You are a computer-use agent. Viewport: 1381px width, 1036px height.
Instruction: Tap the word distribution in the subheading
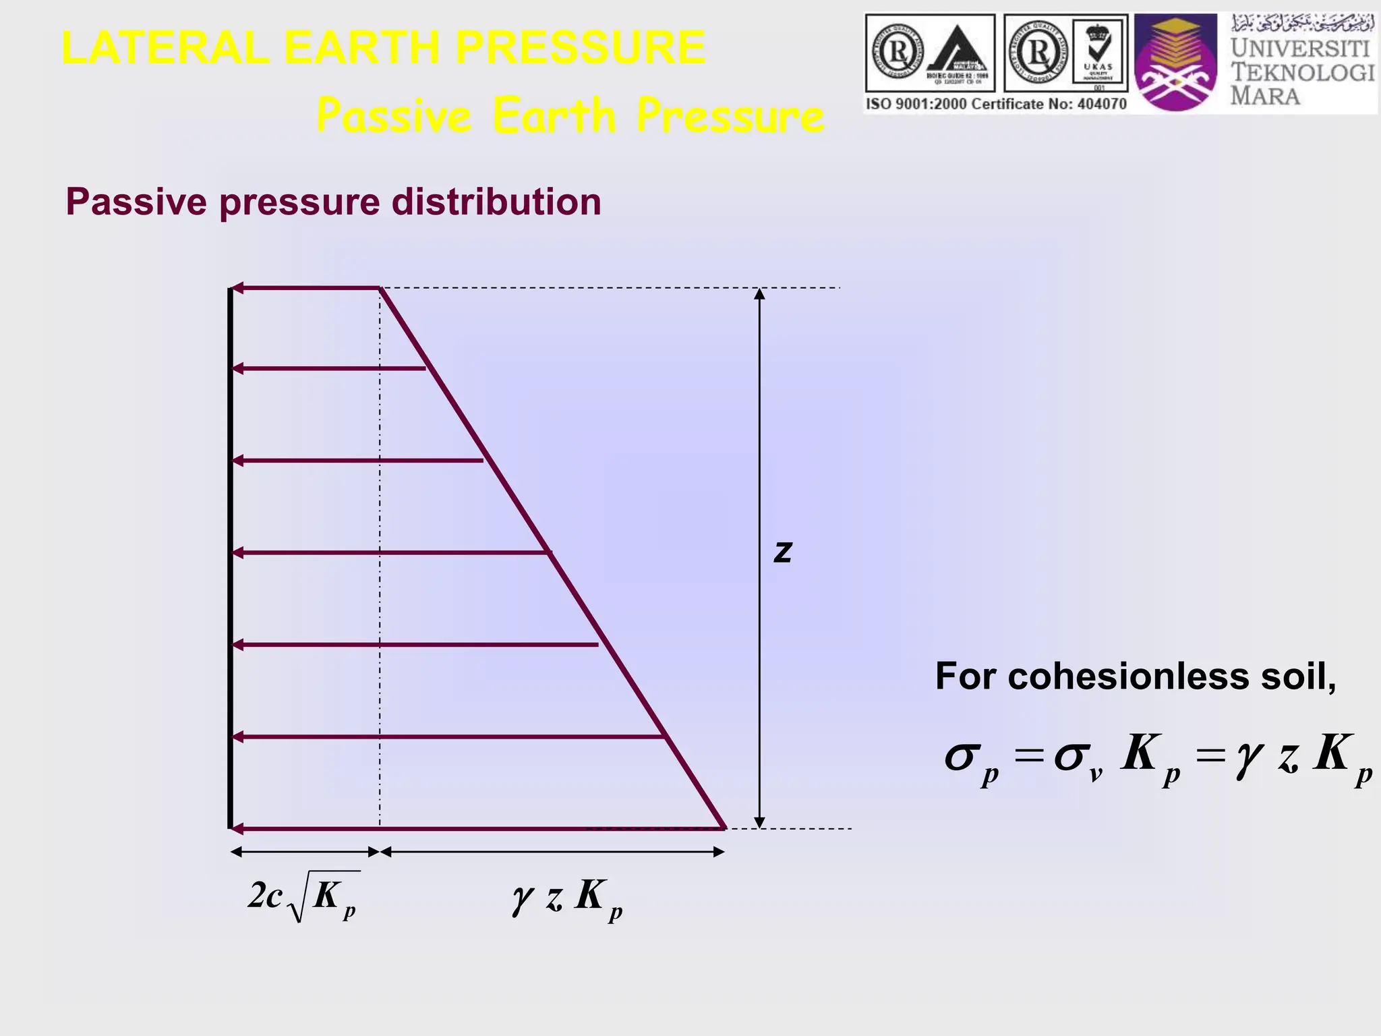tap(496, 202)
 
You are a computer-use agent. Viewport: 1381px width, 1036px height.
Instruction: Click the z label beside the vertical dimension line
tap(783, 552)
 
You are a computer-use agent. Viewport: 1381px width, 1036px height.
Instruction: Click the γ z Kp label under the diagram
tap(566, 898)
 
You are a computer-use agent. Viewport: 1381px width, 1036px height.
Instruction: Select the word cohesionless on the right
tap(1128, 676)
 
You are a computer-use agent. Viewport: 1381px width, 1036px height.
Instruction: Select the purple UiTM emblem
tap(1175, 63)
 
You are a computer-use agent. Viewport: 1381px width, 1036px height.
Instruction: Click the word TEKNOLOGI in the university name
tap(1302, 72)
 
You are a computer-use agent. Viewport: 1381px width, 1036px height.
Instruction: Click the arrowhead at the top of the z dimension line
tap(759, 294)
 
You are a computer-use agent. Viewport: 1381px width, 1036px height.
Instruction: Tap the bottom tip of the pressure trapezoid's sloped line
tap(724, 826)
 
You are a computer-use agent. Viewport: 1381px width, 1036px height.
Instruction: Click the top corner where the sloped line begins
tap(380, 289)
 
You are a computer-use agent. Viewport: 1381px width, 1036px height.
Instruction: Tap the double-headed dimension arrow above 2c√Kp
tap(305, 852)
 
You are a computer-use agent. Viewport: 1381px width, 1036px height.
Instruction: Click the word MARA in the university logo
tap(1265, 96)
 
